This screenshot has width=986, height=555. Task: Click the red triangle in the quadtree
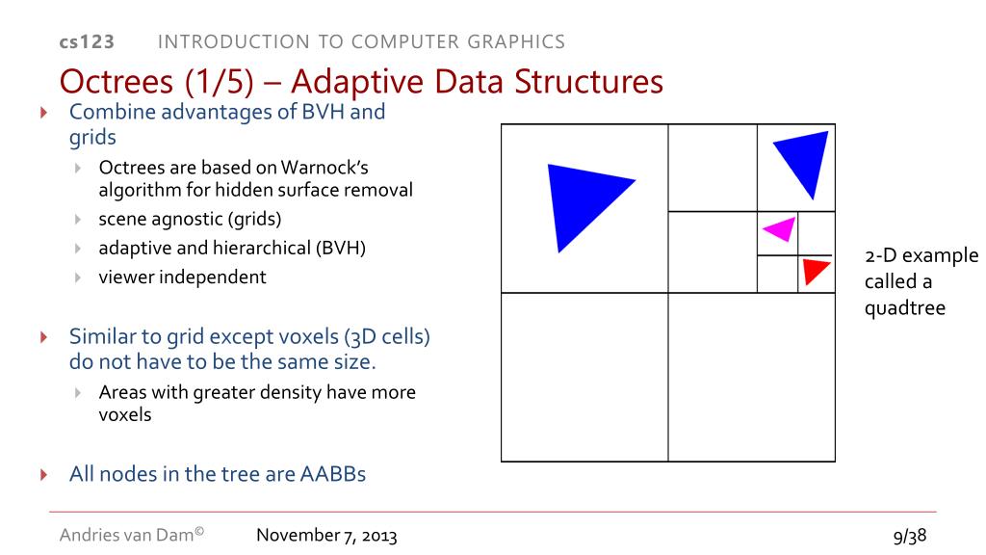coord(814,270)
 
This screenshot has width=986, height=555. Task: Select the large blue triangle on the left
coord(582,202)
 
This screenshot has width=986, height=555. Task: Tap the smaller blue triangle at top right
coord(804,159)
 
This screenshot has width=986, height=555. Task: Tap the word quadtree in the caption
coord(905,308)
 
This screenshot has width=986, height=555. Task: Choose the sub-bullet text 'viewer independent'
coord(182,277)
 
